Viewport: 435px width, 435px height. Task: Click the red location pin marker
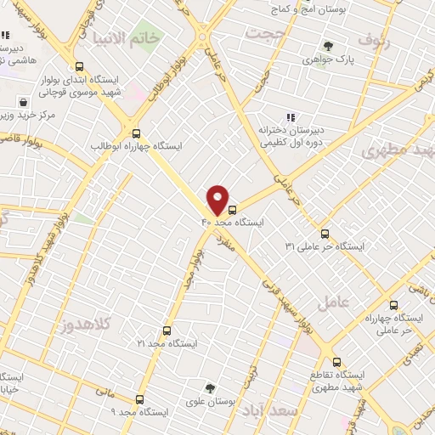click(x=217, y=199)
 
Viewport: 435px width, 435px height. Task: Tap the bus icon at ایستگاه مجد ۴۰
click(x=233, y=206)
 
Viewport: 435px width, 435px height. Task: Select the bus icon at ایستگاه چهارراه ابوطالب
click(x=136, y=132)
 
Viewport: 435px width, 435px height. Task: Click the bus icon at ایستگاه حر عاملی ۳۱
click(x=325, y=234)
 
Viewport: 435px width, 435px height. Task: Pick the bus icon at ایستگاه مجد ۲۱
click(x=166, y=330)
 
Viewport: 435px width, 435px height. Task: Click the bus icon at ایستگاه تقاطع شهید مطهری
click(x=337, y=361)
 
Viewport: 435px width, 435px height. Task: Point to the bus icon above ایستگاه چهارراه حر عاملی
click(x=393, y=305)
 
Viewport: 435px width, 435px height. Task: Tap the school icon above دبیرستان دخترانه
click(x=290, y=117)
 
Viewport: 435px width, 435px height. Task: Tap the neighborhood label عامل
click(x=333, y=302)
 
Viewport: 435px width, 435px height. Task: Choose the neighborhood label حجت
click(x=268, y=32)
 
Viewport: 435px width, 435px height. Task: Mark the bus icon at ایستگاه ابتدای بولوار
click(x=79, y=65)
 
